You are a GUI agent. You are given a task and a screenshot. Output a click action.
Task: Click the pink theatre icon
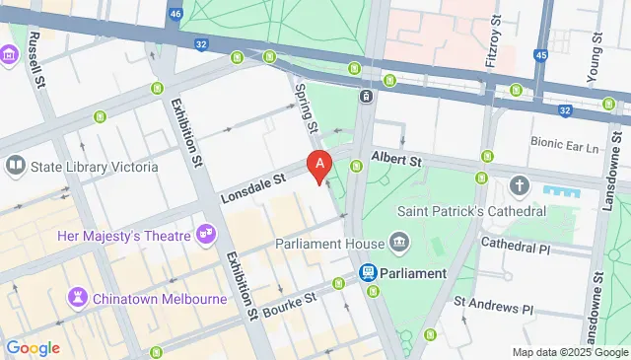click(207, 234)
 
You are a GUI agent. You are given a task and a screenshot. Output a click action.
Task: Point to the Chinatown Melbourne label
click(148, 296)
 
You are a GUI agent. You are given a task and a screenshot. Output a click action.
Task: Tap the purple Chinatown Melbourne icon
click(77, 296)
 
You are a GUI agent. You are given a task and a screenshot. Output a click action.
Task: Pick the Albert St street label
click(395, 158)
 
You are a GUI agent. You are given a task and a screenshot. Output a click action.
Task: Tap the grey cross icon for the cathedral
click(520, 185)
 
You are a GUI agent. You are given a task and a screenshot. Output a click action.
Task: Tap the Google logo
click(33, 347)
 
